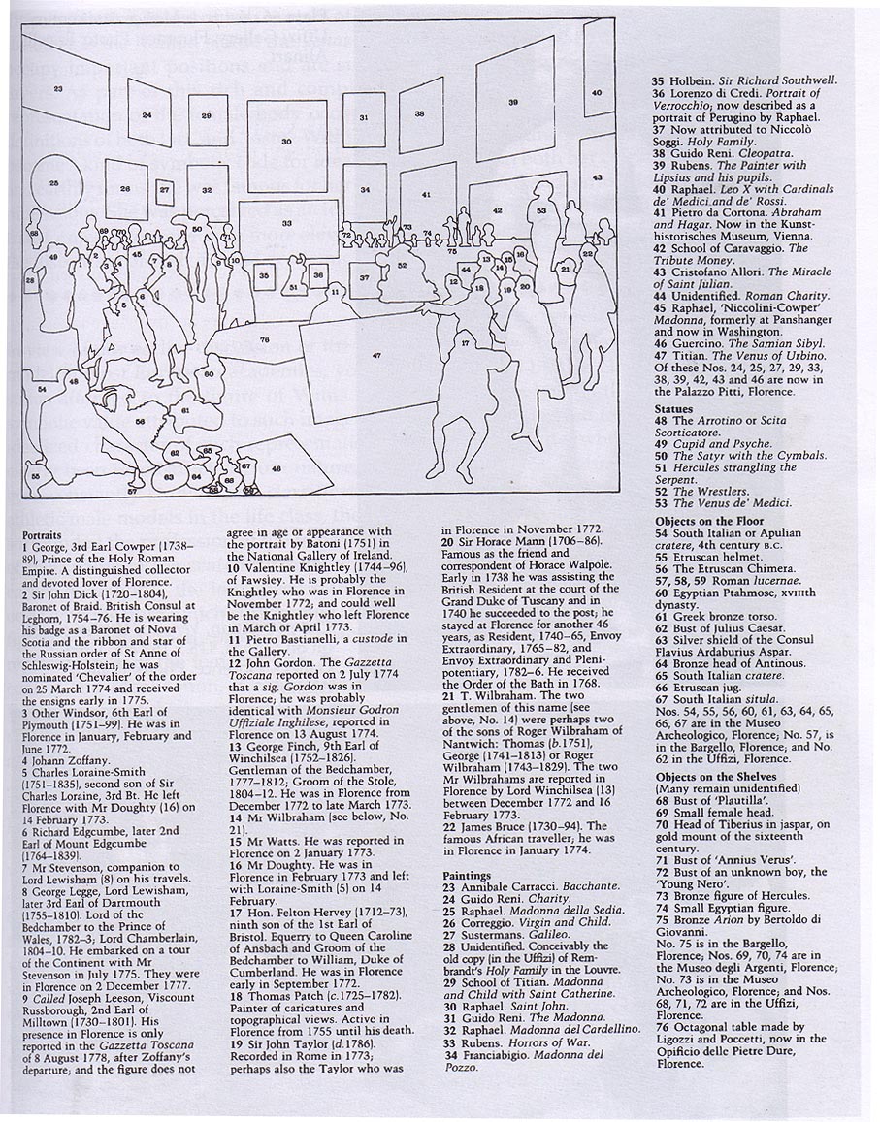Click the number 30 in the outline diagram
click(x=286, y=142)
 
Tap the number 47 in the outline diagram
click(x=376, y=356)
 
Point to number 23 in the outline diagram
click(x=59, y=89)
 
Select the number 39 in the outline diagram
click(x=512, y=101)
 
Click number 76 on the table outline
click(x=265, y=339)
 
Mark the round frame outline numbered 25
click(x=53, y=182)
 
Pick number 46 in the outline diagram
click(x=277, y=469)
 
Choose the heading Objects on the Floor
click(x=706, y=521)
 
